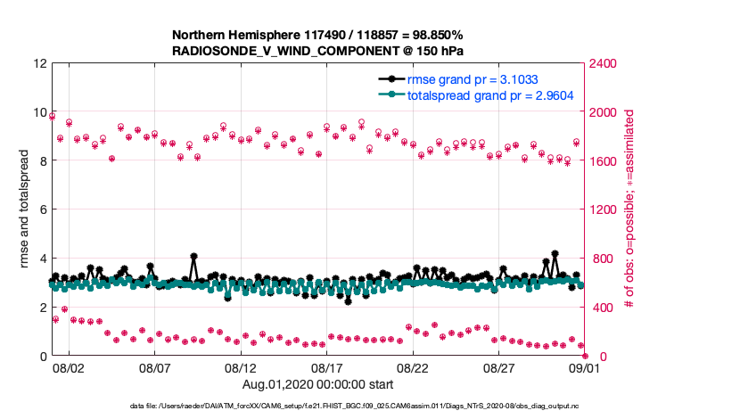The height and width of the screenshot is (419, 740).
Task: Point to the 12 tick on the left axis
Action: (40, 63)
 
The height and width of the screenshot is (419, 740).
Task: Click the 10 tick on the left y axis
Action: (40, 112)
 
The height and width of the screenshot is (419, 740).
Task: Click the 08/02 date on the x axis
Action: (69, 367)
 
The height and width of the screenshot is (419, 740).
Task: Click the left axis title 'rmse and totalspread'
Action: (26, 209)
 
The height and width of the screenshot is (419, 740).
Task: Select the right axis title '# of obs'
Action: (629, 209)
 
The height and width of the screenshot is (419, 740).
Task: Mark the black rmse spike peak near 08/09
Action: (193, 257)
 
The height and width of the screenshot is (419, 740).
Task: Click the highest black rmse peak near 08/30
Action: (555, 254)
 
